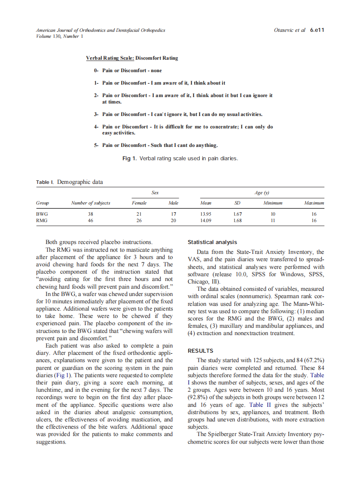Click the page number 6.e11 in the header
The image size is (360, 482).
pos(317,31)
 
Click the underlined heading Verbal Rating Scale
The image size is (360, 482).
pos(110,58)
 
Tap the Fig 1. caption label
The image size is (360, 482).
pos(129,159)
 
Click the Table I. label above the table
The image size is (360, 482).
pos(45,182)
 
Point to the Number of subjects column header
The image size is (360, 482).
pos(90,203)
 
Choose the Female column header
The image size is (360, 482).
pos(139,203)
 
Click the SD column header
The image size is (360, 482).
pos(237,203)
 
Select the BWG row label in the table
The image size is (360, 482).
pos(42,214)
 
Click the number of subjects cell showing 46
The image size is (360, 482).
pos(90,220)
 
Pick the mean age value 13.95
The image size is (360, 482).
pos(206,214)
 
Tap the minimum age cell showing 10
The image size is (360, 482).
pos(273,214)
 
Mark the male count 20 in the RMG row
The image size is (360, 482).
pos(174,220)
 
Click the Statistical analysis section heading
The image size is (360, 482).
pos(212,242)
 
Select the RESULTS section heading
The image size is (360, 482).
pos(201,351)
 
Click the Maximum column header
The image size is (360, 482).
pos(314,203)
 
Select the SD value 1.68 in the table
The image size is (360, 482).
pos(237,220)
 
